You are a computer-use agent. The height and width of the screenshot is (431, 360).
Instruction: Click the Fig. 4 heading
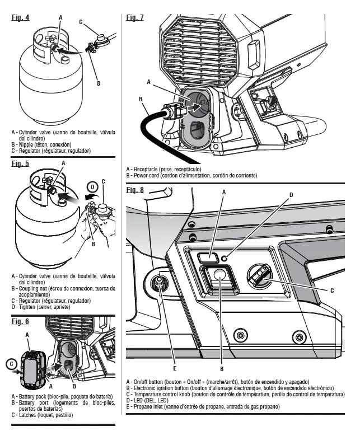click(x=20, y=18)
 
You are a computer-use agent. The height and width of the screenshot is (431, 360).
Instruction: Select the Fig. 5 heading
click(x=20, y=164)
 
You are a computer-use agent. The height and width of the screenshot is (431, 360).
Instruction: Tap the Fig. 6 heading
click(x=20, y=321)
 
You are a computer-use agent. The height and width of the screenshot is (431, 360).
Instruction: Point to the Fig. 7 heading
click(x=135, y=18)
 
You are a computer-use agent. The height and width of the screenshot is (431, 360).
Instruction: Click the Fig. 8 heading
click(x=135, y=190)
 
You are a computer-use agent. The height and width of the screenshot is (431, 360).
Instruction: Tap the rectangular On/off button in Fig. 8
click(x=208, y=257)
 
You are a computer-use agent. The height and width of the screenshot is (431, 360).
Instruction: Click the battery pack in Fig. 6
click(x=31, y=365)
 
